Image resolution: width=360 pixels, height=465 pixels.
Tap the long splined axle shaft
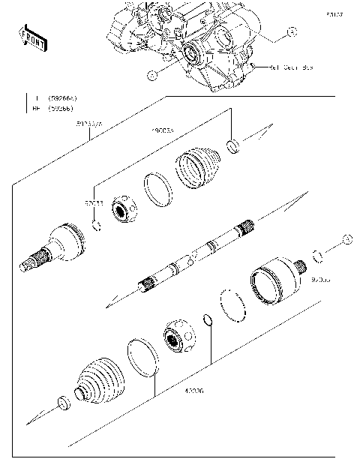tap(196, 254)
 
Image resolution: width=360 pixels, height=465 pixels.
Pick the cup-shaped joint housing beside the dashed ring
tap(274, 281)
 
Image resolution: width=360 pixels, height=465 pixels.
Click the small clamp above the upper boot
tap(234, 144)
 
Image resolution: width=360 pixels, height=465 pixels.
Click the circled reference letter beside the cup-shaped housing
tap(346, 238)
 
